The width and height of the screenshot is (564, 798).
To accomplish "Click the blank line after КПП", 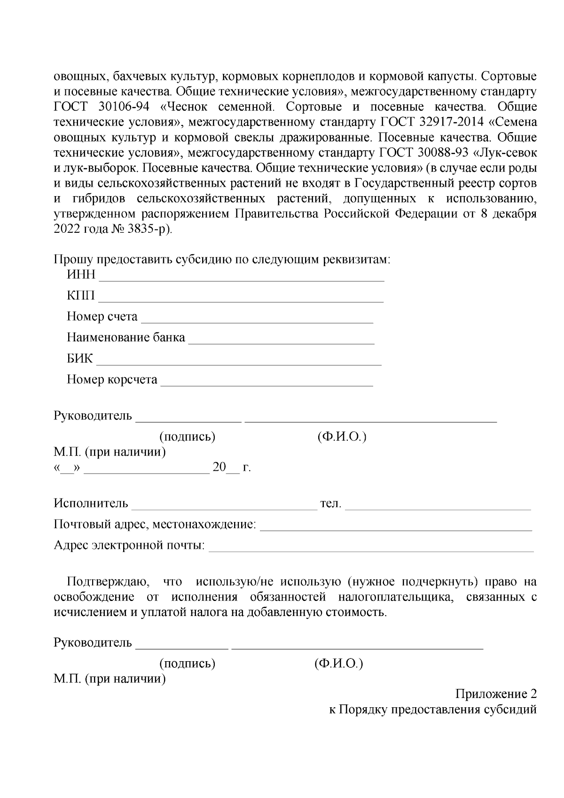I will [241, 299].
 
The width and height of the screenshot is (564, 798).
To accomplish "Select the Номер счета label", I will [102, 316].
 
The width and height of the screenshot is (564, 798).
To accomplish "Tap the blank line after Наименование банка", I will [281, 342].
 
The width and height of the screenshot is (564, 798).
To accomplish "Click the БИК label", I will [80, 359].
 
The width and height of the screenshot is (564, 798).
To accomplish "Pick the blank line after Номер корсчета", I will [266, 384].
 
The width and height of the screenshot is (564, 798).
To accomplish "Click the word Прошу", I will [70, 260].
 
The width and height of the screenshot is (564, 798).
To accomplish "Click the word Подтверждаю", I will [108, 582].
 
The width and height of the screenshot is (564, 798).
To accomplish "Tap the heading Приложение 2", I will [496, 694].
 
